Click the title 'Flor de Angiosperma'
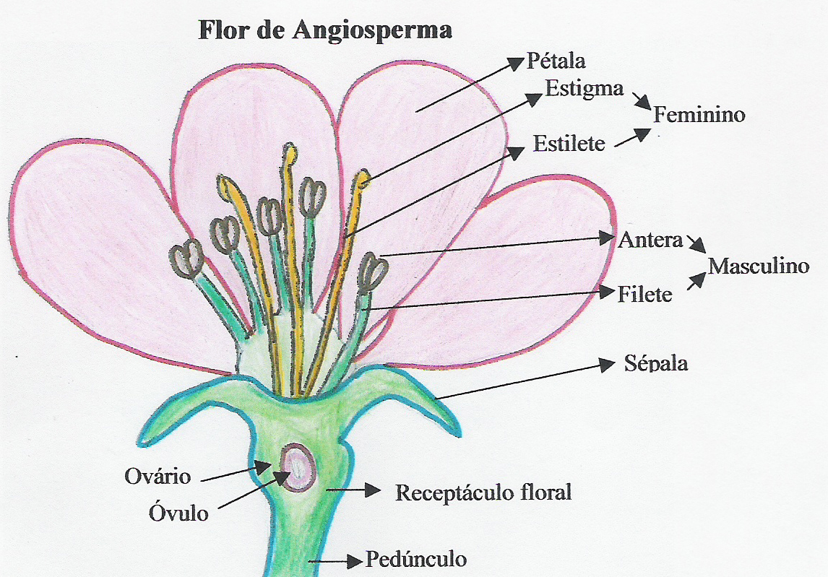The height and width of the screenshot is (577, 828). click(x=324, y=30)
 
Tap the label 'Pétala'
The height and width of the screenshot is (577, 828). click(x=556, y=61)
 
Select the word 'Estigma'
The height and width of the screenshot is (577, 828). click(x=584, y=89)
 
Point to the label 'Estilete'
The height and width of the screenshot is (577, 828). click(x=569, y=143)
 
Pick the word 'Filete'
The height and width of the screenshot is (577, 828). click(x=645, y=294)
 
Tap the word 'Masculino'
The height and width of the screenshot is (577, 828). click(x=758, y=266)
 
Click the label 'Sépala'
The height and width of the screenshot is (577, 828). click(x=655, y=363)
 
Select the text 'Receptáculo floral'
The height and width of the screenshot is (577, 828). click(x=483, y=493)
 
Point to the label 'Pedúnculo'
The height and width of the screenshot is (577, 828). click(x=416, y=559)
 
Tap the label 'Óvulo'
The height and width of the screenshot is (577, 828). click(x=178, y=513)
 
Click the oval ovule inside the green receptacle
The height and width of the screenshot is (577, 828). click(x=298, y=468)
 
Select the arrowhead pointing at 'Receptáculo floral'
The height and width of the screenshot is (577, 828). click(x=373, y=491)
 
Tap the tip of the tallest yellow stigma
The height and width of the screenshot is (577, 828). click(x=289, y=150)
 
